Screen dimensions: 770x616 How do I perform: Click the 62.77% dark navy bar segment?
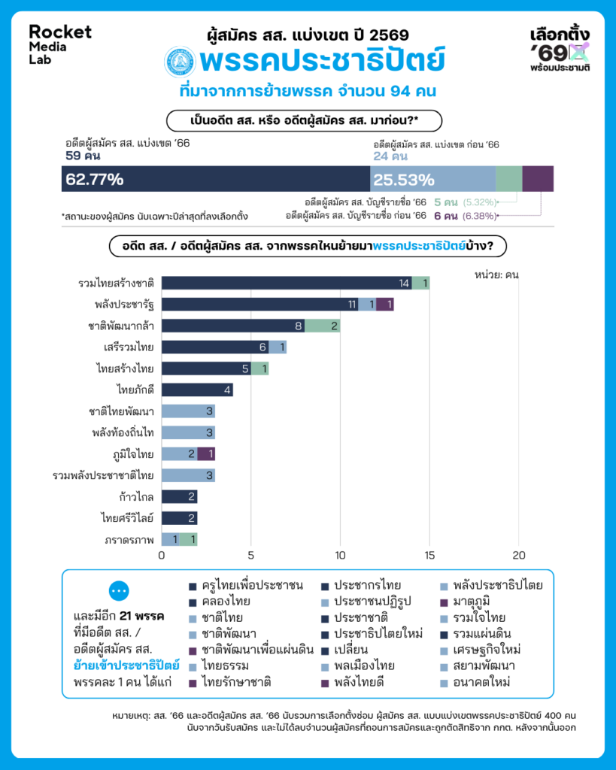click(x=215, y=179)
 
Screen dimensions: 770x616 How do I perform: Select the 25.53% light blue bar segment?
click(x=432, y=179)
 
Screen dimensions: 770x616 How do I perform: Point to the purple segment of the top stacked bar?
click(x=538, y=179)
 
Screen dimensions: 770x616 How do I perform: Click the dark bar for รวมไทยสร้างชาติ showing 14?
click(x=287, y=283)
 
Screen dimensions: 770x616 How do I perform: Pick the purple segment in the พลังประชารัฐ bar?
click(x=385, y=305)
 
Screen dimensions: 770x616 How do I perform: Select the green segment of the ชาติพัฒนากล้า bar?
click(x=322, y=326)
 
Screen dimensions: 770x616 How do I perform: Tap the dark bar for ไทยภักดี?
click(x=197, y=390)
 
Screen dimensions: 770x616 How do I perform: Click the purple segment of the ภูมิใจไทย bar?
click(x=206, y=454)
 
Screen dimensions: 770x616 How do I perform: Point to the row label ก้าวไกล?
click(x=136, y=497)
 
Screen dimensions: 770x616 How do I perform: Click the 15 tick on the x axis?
click(x=429, y=556)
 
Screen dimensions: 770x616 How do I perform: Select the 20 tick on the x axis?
click(x=518, y=556)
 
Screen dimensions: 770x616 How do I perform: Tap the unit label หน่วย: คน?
click(x=496, y=274)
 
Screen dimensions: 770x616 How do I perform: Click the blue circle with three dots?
click(x=120, y=591)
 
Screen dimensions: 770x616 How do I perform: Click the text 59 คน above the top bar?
click(x=83, y=157)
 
